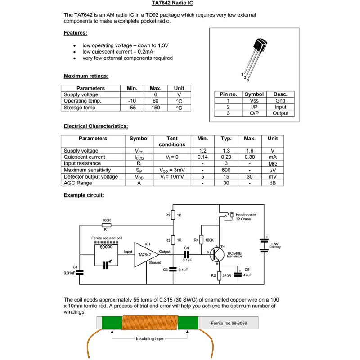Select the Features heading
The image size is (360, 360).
click(75, 33)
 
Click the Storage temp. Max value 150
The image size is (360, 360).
click(155, 108)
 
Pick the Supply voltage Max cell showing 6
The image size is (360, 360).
click(155, 95)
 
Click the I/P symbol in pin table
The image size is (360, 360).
click(254, 107)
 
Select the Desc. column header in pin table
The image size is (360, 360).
click(280, 94)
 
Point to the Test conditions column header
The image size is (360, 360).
click(172, 141)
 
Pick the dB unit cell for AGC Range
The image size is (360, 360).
click(273, 183)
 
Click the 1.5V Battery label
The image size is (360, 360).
click(275, 245)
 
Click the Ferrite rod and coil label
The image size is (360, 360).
click(107, 238)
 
